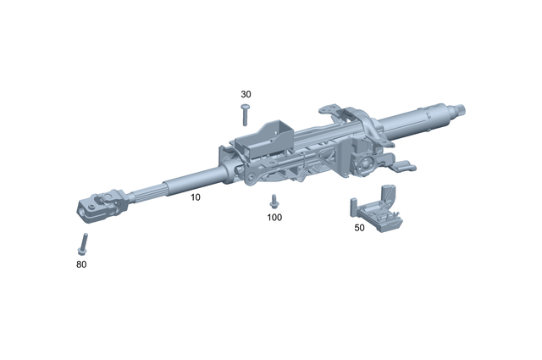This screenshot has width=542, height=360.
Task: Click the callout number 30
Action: tap(246, 94)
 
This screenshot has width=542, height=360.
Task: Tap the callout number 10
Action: tap(195, 197)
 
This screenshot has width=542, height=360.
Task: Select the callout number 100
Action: tap(274, 217)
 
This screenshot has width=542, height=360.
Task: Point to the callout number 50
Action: tap(359, 228)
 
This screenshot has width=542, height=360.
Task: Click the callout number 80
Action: tap(80, 264)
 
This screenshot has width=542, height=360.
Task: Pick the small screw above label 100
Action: tap(274, 202)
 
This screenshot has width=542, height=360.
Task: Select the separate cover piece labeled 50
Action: tap(377, 213)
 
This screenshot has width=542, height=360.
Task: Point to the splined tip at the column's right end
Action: tap(462, 108)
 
